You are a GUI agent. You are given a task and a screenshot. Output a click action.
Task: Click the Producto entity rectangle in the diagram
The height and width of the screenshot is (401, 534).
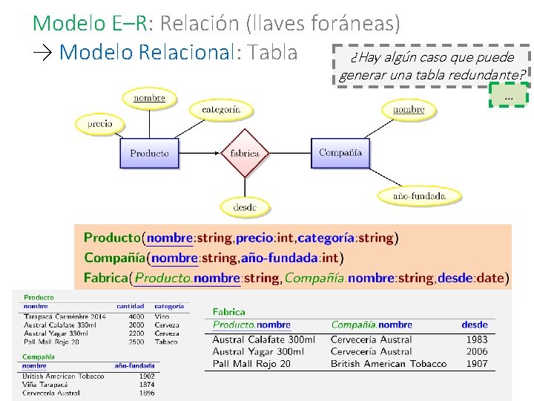(150, 154)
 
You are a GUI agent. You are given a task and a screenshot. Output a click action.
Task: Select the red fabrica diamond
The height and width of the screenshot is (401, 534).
(245, 153)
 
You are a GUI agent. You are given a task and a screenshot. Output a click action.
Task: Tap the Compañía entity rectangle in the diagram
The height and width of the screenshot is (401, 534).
(340, 153)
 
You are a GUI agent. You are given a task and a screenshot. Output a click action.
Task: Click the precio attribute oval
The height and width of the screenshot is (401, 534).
(99, 124)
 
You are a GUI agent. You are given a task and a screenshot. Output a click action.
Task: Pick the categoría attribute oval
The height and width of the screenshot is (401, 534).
(221, 109)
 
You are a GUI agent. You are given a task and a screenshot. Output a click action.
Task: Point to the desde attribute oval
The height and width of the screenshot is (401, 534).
(245, 208)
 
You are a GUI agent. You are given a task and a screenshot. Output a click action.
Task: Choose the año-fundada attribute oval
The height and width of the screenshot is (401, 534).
(419, 196)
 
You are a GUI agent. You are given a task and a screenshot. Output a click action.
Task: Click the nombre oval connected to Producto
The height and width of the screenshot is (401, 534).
(149, 98)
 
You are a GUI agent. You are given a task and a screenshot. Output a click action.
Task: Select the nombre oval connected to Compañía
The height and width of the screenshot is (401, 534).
(409, 109)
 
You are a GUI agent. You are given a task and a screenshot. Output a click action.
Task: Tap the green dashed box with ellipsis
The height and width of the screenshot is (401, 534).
(508, 96)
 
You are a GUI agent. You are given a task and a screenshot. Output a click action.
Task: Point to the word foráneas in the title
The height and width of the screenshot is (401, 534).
(348, 23)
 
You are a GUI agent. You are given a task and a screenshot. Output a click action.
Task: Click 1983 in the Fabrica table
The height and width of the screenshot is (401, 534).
(476, 339)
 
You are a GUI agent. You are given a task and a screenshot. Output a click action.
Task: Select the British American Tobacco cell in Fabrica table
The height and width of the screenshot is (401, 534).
(389, 364)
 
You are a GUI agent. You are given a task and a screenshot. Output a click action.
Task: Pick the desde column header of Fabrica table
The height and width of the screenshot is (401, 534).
(475, 325)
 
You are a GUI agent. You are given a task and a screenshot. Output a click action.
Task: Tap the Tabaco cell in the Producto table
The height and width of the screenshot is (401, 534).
(166, 342)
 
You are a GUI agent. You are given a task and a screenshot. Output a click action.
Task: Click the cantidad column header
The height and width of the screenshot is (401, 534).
(131, 306)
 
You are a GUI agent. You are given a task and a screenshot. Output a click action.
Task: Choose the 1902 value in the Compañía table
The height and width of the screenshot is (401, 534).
(147, 376)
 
